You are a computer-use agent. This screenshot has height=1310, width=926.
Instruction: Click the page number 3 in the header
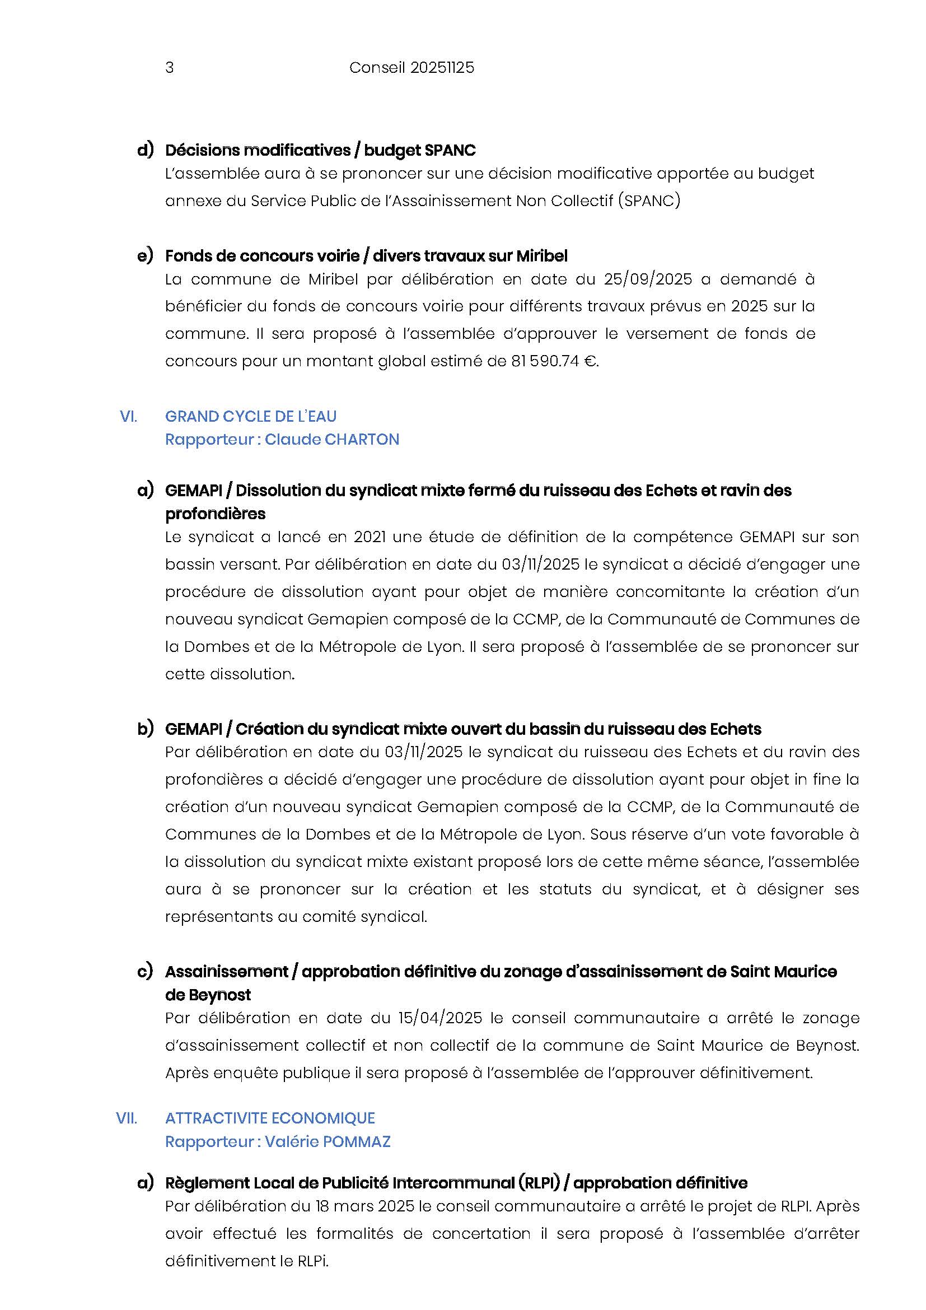[x=169, y=68]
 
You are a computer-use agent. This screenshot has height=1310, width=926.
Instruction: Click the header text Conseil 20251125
[x=411, y=68]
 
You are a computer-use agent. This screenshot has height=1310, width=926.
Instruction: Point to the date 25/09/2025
[x=648, y=279]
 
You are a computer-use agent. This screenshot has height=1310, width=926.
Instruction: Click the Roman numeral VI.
[x=128, y=417]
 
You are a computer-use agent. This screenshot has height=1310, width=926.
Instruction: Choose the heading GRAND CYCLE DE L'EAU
[x=250, y=417]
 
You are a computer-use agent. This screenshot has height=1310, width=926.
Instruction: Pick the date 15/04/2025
[x=440, y=1018]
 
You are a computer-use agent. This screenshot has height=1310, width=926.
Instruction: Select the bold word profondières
[x=215, y=514]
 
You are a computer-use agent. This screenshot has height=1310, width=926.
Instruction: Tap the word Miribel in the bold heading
[x=542, y=256]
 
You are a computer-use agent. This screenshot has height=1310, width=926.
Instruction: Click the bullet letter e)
[x=145, y=255]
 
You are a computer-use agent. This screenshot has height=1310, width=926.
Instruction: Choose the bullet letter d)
[x=145, y=150]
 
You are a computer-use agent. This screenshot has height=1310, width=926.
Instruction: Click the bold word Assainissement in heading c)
[x=226, y=972]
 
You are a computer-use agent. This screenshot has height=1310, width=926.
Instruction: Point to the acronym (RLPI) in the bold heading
[x=539, y=1183]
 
